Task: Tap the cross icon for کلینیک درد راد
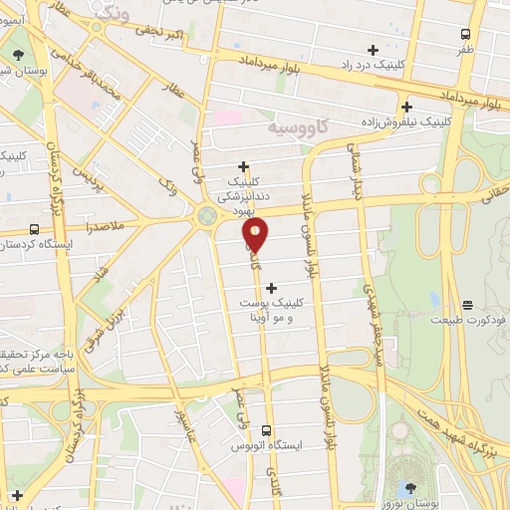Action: pyautogui.click(x=374, y=50)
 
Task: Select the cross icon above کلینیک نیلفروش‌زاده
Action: pyautogui.click(x=406, y=107)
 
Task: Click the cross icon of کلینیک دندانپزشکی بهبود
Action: pyautogui.click(x=244, y=167)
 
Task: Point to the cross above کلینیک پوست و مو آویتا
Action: pyautogui.click(x=271, y=288)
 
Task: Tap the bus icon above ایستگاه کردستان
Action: pyautogui.click(x=35, y=228)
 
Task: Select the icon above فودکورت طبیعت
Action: pyautogui.click(x=468, y=304)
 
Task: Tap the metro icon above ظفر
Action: pyautogui.click(x=466, y=32)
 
